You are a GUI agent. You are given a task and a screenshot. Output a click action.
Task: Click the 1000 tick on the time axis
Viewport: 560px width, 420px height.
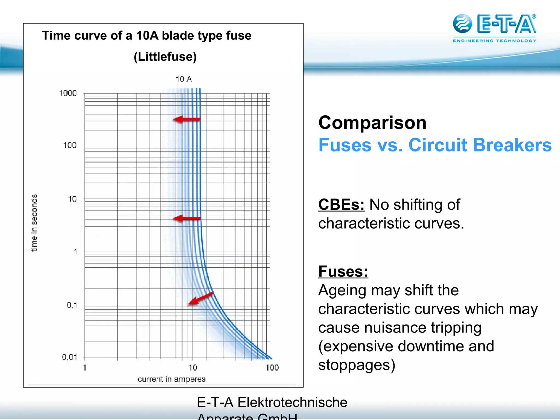[x=68, y=93]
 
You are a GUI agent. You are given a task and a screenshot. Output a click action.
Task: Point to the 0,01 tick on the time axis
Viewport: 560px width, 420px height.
[x=69, y=357]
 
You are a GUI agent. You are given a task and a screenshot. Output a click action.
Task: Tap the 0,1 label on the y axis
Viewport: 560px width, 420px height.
[x=72, y=305]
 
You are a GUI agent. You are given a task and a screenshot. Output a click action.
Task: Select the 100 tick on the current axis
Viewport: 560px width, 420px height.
[x=272, y=367]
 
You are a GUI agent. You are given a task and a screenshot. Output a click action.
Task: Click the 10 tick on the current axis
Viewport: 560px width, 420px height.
[x=193, y=367]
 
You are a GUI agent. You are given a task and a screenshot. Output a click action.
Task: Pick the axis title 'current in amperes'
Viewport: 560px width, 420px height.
[x=171, y=379]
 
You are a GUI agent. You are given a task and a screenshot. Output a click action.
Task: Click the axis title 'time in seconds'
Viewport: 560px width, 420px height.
[x=34, y=223]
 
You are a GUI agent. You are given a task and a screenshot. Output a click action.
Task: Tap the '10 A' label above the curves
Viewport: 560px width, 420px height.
[x=183, y=79]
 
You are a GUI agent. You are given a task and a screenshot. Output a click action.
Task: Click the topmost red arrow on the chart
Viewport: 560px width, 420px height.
[x=187, y=119]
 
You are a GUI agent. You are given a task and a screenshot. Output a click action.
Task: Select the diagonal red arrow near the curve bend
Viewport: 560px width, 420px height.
[x=200, y=298]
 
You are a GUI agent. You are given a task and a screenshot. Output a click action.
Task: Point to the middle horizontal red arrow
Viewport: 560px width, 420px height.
[x=187, y=218]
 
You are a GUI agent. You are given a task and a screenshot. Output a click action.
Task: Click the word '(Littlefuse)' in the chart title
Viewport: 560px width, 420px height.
[x=165, y=57]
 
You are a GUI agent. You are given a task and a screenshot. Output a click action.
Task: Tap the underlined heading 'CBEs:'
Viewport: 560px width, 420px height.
[x=341, y=205]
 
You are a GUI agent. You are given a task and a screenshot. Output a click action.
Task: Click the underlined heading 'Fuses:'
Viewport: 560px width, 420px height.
[x=343, y=272]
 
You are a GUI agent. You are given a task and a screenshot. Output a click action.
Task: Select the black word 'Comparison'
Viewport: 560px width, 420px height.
[x=372, y=122]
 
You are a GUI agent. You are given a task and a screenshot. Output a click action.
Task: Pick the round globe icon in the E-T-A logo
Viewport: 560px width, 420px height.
[x=462, y=24]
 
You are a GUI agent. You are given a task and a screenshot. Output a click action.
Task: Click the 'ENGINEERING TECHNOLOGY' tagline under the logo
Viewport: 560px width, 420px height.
[x=494, y=41]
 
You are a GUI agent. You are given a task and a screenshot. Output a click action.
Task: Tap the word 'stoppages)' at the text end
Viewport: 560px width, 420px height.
[x=357, y=365]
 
